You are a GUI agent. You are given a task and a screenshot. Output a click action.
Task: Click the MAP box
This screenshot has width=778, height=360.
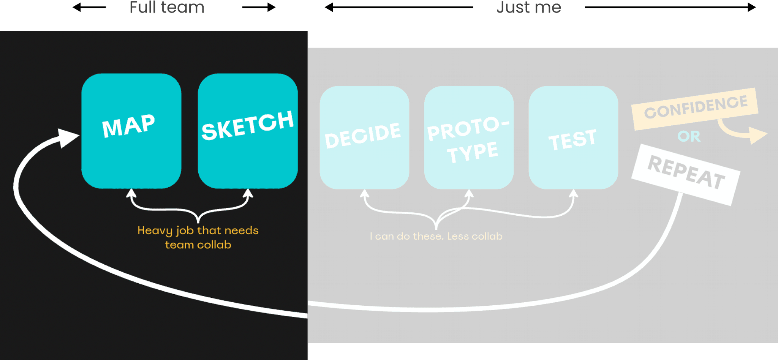coord(131,131)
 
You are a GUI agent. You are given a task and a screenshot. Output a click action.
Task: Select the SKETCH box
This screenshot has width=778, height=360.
coord(248,131)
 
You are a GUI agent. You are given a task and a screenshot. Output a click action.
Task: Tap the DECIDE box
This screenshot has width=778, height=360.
coord(364,137)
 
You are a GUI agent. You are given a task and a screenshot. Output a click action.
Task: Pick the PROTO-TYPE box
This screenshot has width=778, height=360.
coord(469,137)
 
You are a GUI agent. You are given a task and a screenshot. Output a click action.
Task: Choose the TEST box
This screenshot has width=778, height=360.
coord(573,137)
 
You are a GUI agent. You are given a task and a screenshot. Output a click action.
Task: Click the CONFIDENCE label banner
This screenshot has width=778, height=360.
coord(695,109)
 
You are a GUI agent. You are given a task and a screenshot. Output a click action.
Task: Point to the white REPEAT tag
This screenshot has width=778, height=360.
coord(686,175)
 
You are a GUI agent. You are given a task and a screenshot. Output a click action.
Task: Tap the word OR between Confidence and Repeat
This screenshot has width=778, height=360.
coord(689,136)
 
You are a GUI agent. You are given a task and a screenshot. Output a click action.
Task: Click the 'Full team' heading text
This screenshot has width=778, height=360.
coord(167,7)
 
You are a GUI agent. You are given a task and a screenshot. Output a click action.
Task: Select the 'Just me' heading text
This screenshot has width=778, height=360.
coord(529,7)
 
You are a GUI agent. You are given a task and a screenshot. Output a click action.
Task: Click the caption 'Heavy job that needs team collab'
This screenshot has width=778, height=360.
coord(198,237)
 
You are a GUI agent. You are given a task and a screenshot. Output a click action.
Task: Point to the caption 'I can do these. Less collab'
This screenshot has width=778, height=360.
coord(436,236)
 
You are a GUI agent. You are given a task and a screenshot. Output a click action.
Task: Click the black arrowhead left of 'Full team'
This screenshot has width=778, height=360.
coord(77,7)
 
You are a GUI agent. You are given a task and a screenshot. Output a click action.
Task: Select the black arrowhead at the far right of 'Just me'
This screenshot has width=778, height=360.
coord(751,7)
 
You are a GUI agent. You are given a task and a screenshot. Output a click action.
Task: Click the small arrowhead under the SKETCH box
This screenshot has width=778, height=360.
coord(248,193)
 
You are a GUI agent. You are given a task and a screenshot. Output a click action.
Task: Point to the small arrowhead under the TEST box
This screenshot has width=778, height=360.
coord(574,193)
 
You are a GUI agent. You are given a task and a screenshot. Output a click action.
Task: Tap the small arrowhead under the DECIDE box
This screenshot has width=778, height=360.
coord(364,193)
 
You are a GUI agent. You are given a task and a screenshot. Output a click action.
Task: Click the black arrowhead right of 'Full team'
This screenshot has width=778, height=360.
coord(271,7)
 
